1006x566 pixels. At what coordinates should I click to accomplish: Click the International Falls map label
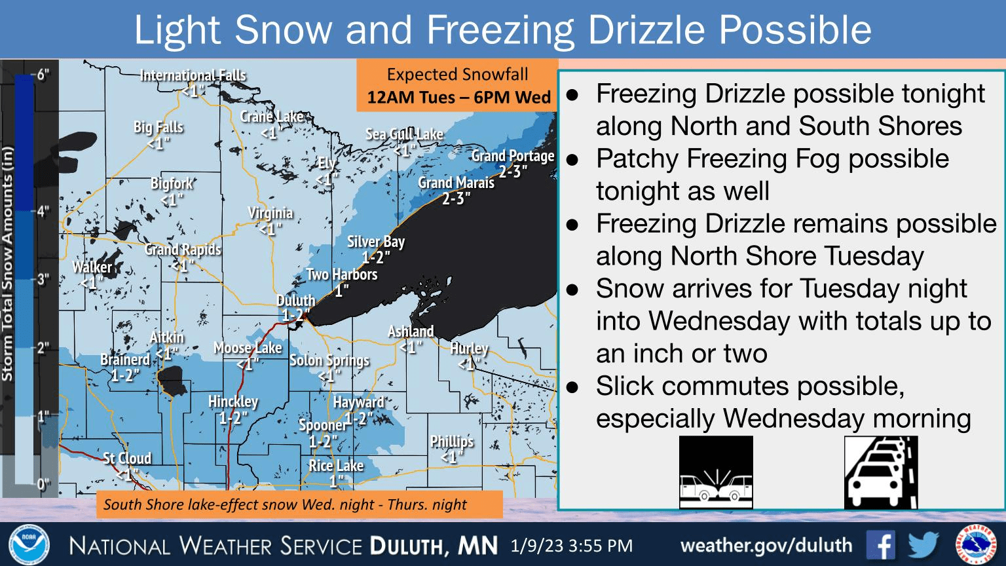(x=193, y=76)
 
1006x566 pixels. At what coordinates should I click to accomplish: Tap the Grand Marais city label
(x=456, y=183)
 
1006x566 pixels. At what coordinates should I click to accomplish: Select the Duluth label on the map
(x=296, y=301)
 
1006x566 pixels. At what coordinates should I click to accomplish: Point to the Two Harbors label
(x=342, y=274)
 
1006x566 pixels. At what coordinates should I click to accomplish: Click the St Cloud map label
(x=127, y=459)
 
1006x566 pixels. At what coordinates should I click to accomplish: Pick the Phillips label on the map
(x=452, y=442)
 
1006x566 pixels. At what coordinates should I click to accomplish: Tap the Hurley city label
(x=469, y=349)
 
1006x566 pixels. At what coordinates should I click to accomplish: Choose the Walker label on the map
(x=92, y=267)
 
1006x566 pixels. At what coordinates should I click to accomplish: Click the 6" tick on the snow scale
(x=42, y=74)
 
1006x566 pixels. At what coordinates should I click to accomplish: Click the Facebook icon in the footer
(x=880, y=545)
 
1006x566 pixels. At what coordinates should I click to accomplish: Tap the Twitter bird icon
(x=923, y=545)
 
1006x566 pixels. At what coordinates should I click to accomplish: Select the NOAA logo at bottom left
(x=29, y=545)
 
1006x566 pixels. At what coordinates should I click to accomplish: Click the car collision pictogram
(x=716, y=472)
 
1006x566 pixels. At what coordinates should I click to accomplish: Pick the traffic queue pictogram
(x=881, y=472)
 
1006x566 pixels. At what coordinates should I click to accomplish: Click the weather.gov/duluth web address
(x=766, y=545)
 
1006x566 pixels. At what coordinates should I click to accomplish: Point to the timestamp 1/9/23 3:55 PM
(x=572, y=546)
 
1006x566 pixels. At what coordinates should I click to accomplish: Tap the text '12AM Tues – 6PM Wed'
(x=458, y=98)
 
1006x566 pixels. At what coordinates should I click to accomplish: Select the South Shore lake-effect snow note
(x=286, y=504)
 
